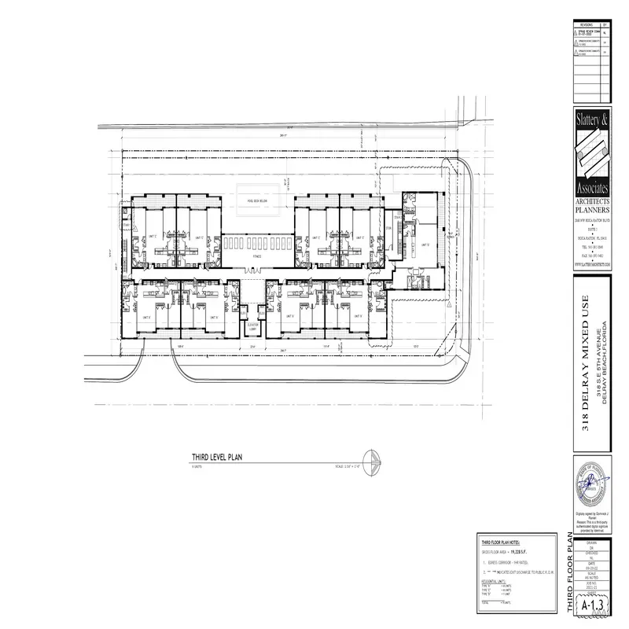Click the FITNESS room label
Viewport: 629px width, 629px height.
256,256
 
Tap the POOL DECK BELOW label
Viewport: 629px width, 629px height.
256,200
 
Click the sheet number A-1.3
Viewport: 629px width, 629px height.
591,607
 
